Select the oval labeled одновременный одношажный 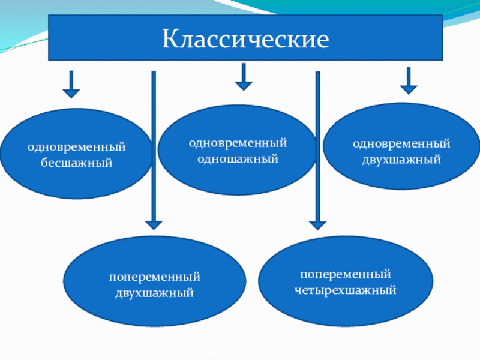point(238,177)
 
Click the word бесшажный point(76,163)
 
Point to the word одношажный point(238,159)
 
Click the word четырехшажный point(346,290)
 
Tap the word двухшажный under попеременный point(154,293)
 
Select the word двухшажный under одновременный point(401,160)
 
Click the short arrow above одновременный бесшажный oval point(71,85)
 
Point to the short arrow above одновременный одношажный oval point(243,77)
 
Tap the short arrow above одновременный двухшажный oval point(409,81)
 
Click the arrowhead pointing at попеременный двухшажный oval point(154,224)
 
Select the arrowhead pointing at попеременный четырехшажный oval point(317,224)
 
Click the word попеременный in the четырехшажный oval point(346,274)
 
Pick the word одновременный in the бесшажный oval point(76,146)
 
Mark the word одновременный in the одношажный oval point(238,143)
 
